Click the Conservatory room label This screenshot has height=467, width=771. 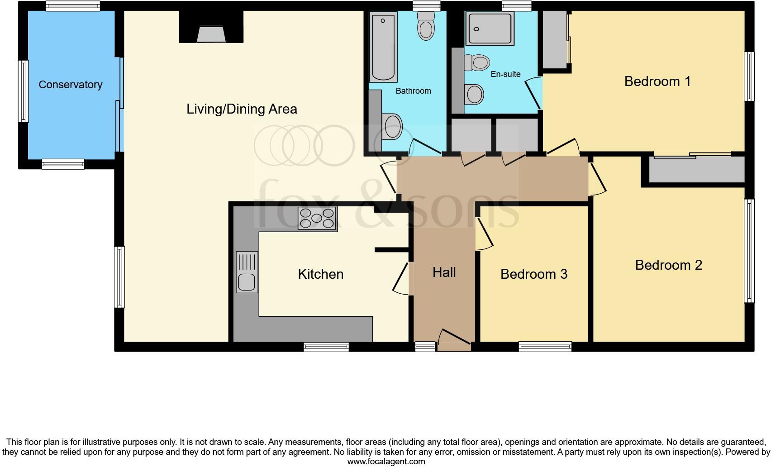[x=70, y=85]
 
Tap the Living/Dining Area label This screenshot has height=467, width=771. [x=242, y=109]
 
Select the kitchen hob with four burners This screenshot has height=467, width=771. [x=317, y=219]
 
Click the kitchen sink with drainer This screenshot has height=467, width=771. [x=247, y=272]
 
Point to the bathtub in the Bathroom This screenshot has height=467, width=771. [x=384, y=47]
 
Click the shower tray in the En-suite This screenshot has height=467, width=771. [x=490, y=29]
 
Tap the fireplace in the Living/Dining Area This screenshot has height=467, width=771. [x=211, y=34]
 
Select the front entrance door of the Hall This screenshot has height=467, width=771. [x=454, y=340]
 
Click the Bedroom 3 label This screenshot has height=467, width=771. [x=533, y=274]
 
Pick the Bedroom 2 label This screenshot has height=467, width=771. [x=668, y=265]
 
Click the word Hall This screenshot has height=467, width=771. [x=444, y=272]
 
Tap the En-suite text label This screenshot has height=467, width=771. [x=505, y=74]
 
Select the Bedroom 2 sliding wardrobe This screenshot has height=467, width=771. [x=696, y=170]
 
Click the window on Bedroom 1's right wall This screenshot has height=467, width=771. [x=749, y=76]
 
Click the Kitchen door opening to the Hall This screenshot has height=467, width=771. [x=401, y=279]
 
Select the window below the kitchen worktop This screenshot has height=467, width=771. [x=326, y=347]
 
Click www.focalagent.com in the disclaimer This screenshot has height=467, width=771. [x=386, y=462]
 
